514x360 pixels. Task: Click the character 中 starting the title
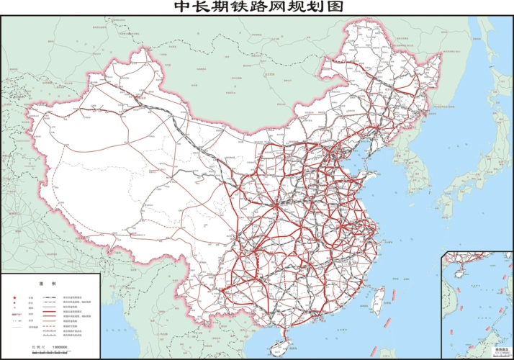pos(182,7)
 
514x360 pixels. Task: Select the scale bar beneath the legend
pos(50,353)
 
